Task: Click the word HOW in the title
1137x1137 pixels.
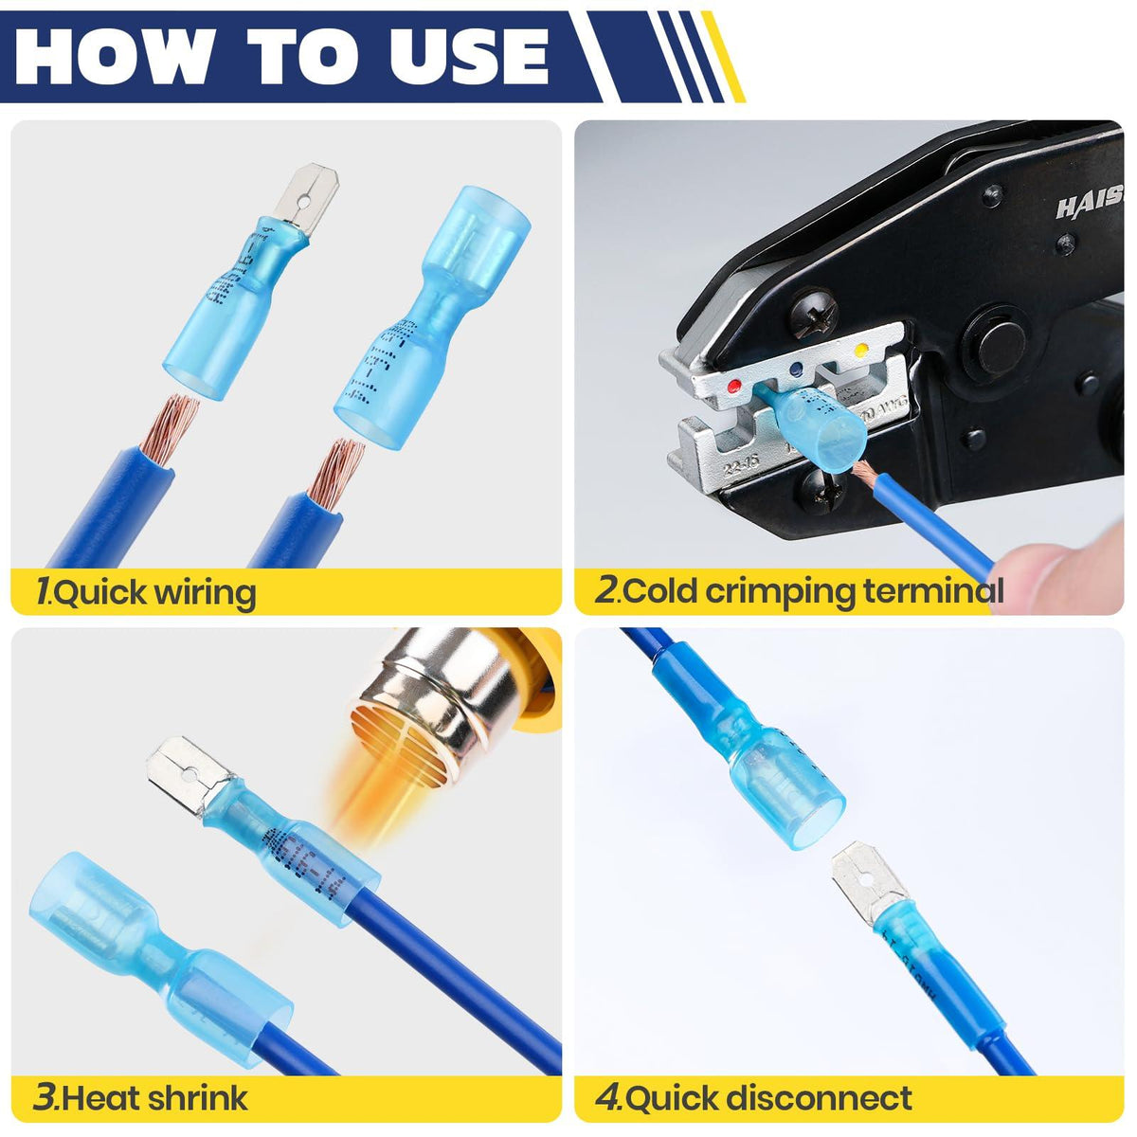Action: click(109, 54)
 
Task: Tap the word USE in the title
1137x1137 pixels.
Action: click(464, 54)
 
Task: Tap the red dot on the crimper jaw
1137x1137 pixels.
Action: click(734, 386)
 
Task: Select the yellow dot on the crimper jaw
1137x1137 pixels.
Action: click(861, 351)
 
